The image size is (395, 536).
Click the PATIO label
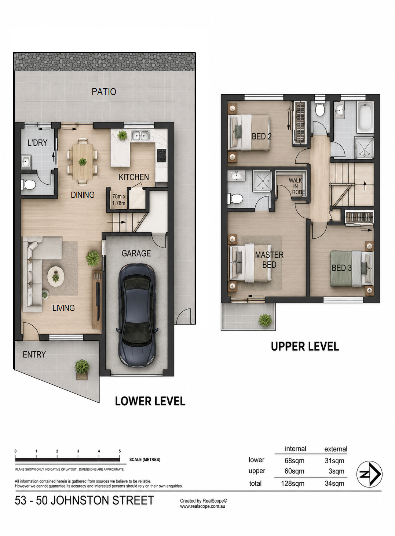point(104,92)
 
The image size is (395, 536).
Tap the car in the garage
point(137,315)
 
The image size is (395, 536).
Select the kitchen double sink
point(140,136)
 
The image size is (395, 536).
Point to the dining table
point(83,162)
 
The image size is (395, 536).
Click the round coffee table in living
point(56,276)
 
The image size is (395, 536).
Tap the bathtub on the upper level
point(365,116)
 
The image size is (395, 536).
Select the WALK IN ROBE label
point(297,186)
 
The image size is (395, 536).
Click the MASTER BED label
point(269,260)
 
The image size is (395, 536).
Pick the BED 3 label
point(341,268)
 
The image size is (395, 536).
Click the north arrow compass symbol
point(369,474)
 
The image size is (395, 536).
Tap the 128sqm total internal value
point(293,484)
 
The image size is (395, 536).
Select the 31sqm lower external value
point(334,461)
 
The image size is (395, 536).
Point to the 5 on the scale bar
point(120,451)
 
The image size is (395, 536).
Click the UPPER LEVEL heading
point(305,347)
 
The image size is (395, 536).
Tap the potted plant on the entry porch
point(82,369)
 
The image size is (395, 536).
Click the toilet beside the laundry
point(29,185)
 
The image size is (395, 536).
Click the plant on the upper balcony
point(265,320)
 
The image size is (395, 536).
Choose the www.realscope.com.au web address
point(202,506)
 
